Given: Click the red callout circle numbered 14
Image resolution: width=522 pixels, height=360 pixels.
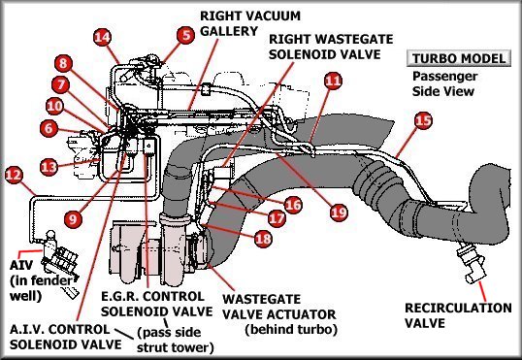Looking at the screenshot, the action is point(102,37).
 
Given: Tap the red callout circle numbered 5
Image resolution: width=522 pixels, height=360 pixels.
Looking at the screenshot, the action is point(185,35).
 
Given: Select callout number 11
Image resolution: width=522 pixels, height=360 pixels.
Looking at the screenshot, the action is point(333,81).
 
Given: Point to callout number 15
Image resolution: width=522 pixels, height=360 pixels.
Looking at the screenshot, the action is point(423,120).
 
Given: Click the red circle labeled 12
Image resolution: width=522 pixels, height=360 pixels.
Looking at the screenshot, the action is point(14,175).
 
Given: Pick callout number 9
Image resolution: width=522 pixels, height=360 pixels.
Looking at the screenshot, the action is point(73,218).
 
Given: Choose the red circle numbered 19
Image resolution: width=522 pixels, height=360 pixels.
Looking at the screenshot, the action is point(339,213).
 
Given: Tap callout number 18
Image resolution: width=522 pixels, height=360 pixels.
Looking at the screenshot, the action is point(263,239).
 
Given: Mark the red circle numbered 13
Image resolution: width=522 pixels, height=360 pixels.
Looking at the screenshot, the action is point(49,167).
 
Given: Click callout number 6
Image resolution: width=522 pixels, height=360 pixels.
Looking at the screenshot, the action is point(49,128).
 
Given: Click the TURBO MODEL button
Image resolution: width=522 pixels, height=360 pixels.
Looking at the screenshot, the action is point(459,58).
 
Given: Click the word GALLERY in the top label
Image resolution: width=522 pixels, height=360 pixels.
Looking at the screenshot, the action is point(229,31).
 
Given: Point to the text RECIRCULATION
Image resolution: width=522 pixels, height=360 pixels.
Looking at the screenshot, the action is point(458,308).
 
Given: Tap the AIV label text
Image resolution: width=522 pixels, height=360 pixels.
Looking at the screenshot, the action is point(21,266).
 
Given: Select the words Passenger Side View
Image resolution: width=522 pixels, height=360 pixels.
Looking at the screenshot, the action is point(445,83).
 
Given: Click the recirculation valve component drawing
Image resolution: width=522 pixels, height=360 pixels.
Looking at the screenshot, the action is point(472,266).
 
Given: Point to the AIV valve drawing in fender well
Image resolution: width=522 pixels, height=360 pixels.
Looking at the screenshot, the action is point(60,259).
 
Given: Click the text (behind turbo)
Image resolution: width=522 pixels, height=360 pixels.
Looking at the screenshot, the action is point(291,329).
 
